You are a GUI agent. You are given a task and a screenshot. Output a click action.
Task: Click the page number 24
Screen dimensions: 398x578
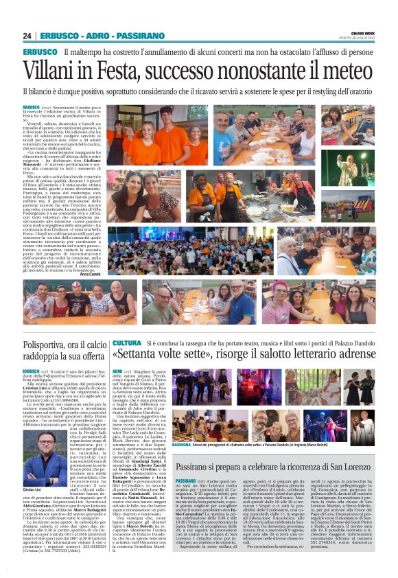pyautogui.click(x=27, y=36)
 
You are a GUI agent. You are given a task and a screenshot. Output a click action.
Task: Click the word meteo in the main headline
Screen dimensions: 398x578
pyautogui.click(x=344, y=71)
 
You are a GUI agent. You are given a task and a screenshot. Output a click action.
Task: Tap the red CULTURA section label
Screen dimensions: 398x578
pyautogui.click(x=127, y=343)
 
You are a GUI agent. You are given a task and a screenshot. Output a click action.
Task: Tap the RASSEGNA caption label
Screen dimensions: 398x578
pyautogui.click(x=182, y=425)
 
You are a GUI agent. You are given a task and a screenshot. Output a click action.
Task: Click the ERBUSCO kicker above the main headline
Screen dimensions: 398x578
pyautogui.click(x=40, y=52)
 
